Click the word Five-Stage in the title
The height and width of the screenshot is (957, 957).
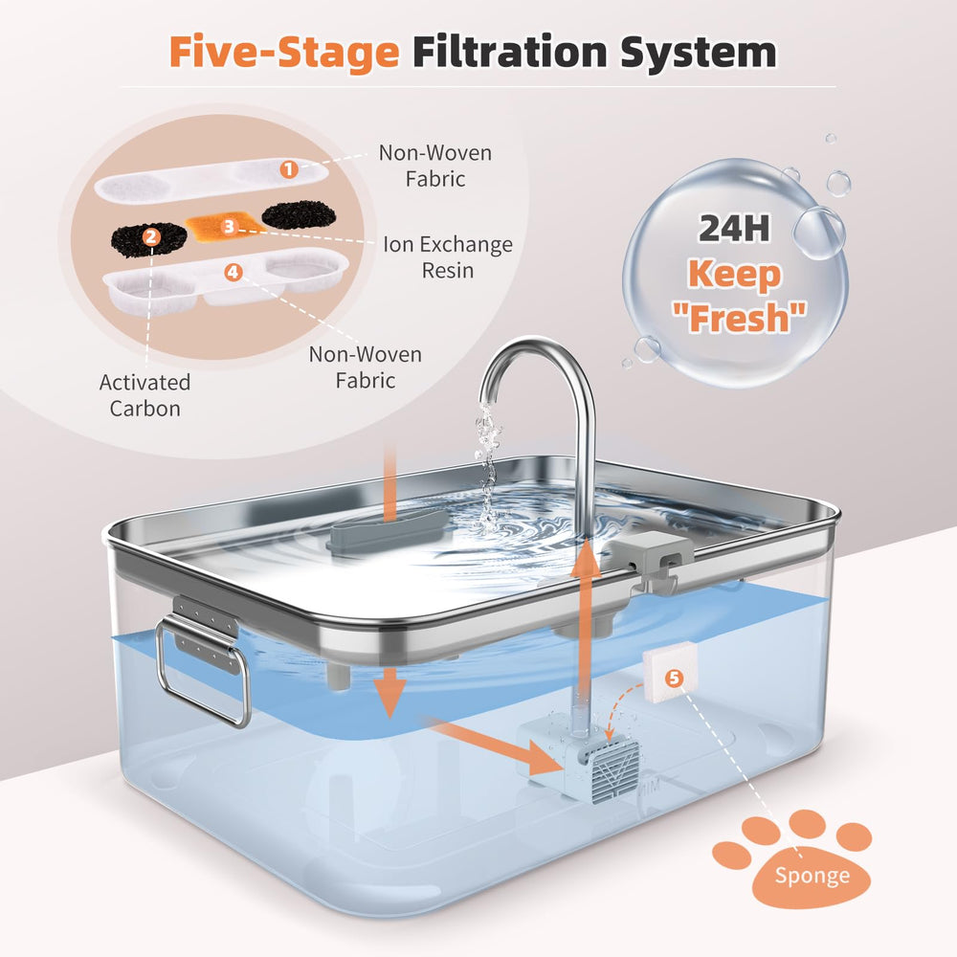click(283, 54)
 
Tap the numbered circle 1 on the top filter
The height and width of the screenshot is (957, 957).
click(288, 169)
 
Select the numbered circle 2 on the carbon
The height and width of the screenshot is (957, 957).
click(149, 235)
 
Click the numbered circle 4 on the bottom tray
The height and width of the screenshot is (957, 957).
click(234, 272)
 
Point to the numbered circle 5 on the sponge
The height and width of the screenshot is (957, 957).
click(675, 679)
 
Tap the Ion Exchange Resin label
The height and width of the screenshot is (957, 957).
click(447, 256)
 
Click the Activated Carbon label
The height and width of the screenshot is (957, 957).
click(145, 395)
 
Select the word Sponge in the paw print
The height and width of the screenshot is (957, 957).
click(812, 876)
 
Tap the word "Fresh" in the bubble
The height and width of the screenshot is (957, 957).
click(734, 315)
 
